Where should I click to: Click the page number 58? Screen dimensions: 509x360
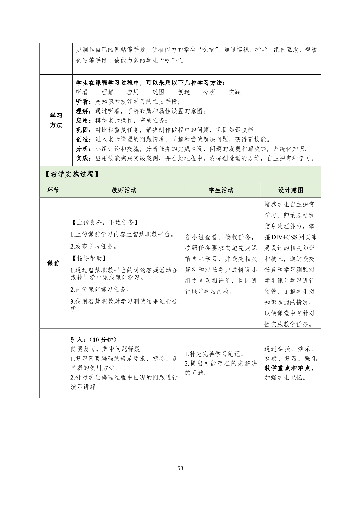pyautogui.click(x=180, y=468)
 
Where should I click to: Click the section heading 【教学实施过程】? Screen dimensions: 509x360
pyautogui.click(x=72, y=174)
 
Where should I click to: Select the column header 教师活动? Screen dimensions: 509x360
pyautogui.click(x=124, y=190)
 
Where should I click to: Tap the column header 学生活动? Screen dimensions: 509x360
pyautogui.click(x=221, y=190)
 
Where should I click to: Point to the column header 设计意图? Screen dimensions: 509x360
pyautogui.click(x=291, y=190)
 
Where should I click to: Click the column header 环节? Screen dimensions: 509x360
pyautogui.click(x=53, y=190)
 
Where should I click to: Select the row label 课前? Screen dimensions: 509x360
pyautogui.click(x=53, y=263)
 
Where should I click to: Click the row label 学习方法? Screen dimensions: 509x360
pyautogui.click(x=56, y=120)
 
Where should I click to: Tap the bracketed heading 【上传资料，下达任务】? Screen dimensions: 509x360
pyautogui.click(x=104, y=222)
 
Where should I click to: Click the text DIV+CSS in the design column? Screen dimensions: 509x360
pyautogui.click(x=284, y=237)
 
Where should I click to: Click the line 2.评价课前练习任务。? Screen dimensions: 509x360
pyautogui.click(x=100, y=289)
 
